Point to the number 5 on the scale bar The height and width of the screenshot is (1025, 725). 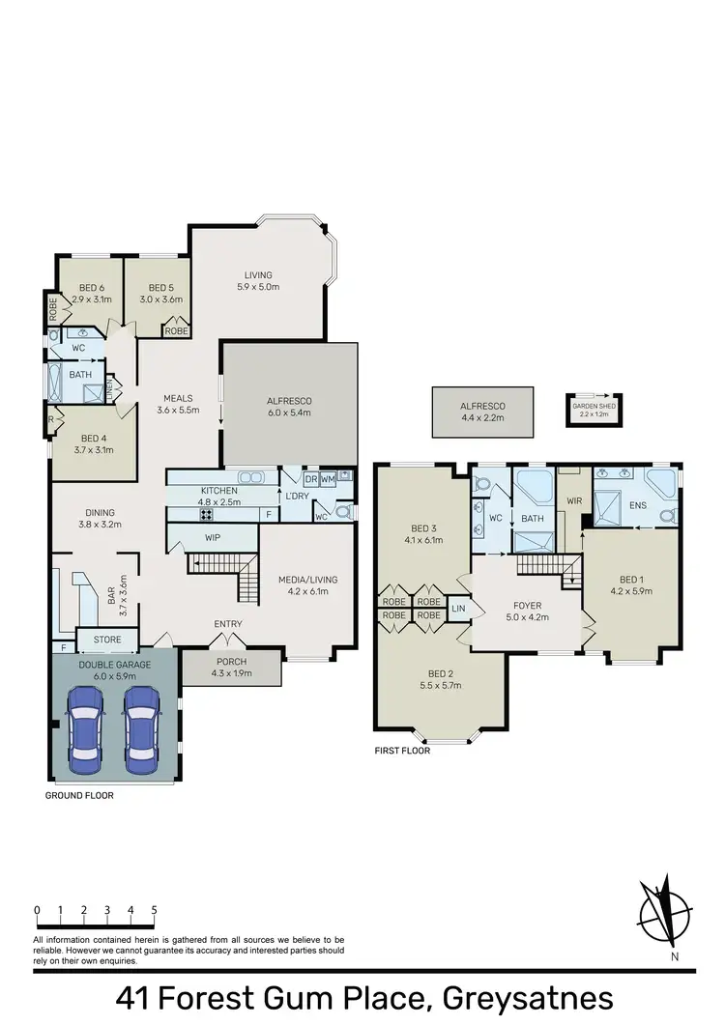(155, 910)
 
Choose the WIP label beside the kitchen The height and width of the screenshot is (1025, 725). (214, 537)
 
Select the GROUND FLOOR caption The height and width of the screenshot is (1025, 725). (79, 796)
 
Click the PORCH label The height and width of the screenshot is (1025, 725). (231, 662)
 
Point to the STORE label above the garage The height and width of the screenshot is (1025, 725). (106, 639)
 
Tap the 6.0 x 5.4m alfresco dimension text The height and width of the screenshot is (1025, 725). (290, 413)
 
